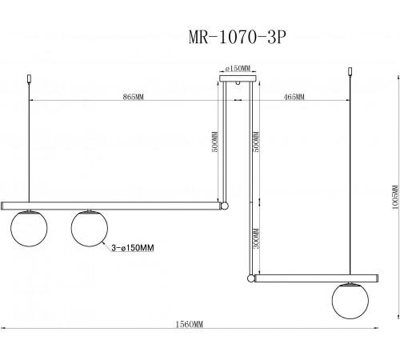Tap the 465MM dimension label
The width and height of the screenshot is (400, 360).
click(294, 96)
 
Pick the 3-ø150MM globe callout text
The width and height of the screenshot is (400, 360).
click(132, 249)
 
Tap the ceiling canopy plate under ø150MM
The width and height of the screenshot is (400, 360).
click(237, 78)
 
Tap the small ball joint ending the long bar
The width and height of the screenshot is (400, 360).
click(225, 206)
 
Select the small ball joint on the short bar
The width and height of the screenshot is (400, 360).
click(253, 278)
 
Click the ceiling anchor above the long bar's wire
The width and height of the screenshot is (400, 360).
click(30, 81)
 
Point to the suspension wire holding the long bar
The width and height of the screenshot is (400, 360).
click(30, 144)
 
